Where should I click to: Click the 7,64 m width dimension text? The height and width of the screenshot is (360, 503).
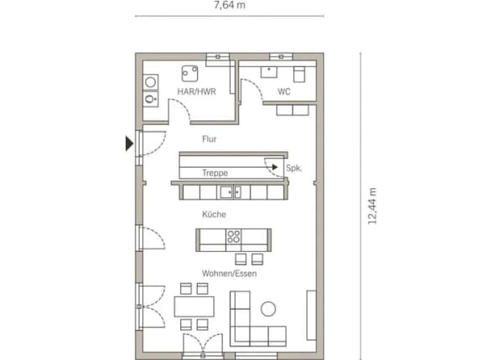[230, 5]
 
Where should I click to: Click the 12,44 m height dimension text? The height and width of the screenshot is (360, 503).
[371, 206]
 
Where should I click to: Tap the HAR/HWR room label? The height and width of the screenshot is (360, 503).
[197, 91]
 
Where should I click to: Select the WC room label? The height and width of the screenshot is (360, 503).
[284, 91]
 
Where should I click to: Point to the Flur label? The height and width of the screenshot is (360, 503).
[209, 139]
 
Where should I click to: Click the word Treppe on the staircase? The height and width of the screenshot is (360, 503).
[215, 173]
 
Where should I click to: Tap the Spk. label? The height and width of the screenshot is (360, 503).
[294, 168]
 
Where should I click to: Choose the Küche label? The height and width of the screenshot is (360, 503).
[214, 214]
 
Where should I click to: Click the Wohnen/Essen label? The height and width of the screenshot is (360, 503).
[229, 274]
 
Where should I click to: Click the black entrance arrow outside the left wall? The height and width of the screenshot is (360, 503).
[129, 143]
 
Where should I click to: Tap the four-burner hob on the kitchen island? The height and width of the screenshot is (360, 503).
[234, 237]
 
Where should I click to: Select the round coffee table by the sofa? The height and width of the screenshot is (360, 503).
[268, 309]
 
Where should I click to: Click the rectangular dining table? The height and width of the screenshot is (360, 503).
[194, 306]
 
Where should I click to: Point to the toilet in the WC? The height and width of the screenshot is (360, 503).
[299, 74]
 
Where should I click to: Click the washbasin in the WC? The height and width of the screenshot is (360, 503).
[269, 72]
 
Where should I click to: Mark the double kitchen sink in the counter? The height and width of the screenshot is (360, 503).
[231, 192]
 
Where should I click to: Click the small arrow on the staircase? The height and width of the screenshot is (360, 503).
[275, 167]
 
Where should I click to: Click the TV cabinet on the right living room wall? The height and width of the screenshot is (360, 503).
[312, 315]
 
